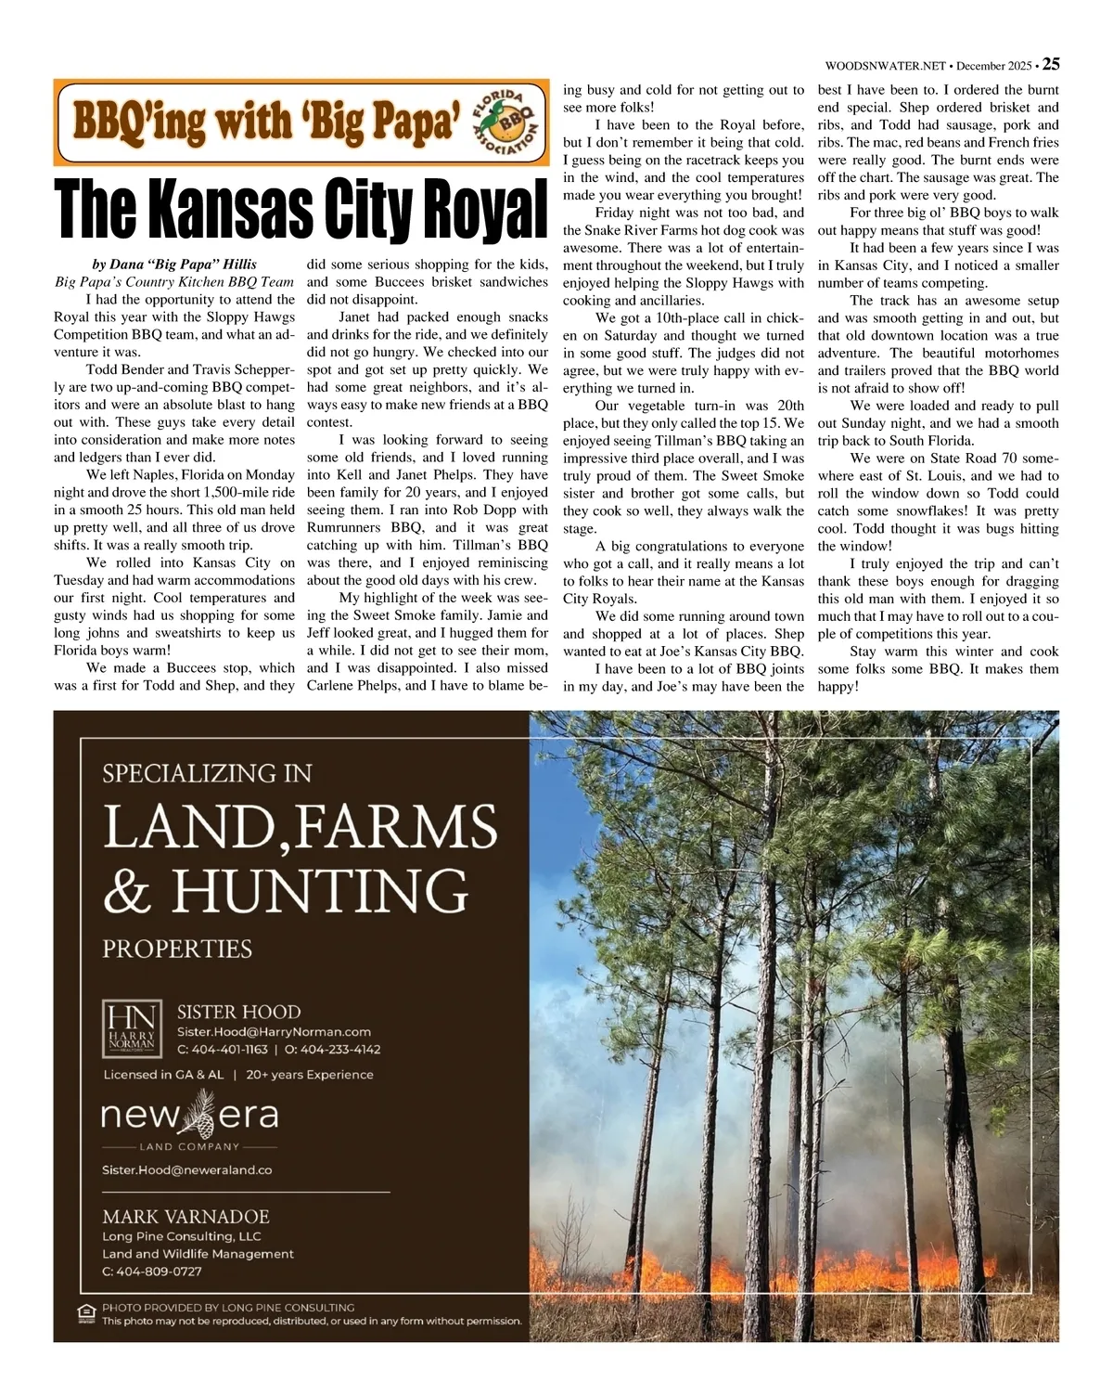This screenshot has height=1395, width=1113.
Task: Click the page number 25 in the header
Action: coord(1051,64)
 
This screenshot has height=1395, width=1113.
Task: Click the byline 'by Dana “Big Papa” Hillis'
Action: coord(174,265)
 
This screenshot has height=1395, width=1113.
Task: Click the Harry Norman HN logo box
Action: coord(131,1028)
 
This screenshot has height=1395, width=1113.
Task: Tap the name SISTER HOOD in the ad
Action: coord(238,1012)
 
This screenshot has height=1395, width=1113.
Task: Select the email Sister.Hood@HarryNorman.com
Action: coord(274,1031)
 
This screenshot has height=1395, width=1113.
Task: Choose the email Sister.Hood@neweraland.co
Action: coord(186,1170)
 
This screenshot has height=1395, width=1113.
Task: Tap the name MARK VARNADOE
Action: coord(185,1216)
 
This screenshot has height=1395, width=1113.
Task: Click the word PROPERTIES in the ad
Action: coord(177,949)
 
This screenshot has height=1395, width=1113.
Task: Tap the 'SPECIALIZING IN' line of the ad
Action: coord(207,772)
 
